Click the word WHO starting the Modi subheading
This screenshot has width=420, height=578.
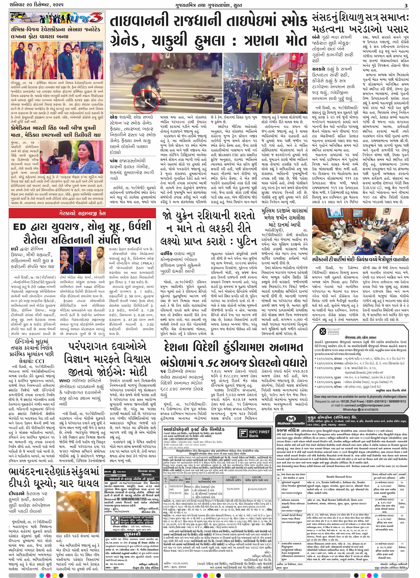coord(64,381)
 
